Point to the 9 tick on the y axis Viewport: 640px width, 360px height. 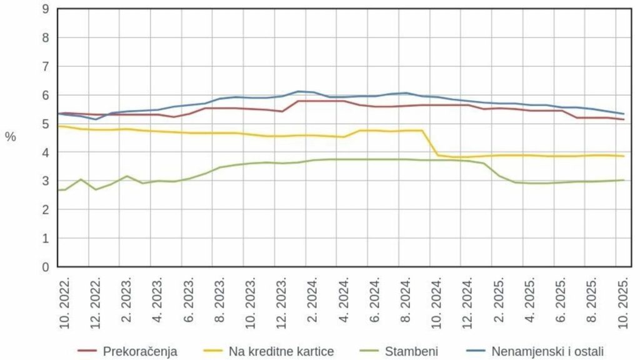click(45, 9)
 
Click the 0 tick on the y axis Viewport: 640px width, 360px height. click(45, 267)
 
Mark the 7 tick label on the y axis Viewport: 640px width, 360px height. click(45, 67)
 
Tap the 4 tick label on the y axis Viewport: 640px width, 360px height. click(45, 152)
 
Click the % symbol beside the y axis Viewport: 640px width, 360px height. click(10, 137)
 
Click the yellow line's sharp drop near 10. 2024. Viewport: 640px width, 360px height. click(430, 143)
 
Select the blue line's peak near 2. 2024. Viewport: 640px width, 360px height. click(299, 91)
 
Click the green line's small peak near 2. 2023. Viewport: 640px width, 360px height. click(127, 176)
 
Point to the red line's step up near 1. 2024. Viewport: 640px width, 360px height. click(291, 106)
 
